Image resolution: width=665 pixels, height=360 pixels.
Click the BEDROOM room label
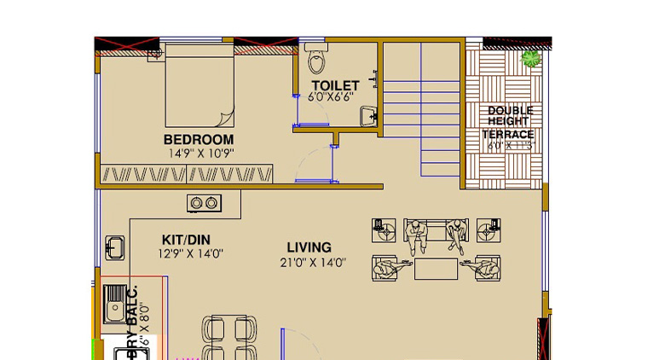(x=198, y=139)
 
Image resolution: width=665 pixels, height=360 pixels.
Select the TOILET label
(x=334, y=85)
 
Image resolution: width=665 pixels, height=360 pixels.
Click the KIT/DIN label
(x=186, y=240)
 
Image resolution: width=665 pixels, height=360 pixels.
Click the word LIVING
(x=309, y=247)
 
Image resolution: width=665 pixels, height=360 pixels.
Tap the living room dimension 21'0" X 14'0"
(x=310, y=262)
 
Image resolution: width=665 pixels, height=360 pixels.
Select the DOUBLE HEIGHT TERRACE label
(x=509, y=122)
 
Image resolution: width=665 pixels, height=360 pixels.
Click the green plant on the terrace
(x=532, y=58)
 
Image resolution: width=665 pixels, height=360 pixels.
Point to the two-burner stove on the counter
(x=205, y=203)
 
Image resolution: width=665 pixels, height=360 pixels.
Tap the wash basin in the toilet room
(x=368, y=115)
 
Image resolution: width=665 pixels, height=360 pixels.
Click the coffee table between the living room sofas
(x=435, y=269)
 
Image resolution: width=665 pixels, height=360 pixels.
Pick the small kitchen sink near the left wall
(x=115, y=247)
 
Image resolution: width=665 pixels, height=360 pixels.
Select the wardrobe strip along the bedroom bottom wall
(x=187, y=175)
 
